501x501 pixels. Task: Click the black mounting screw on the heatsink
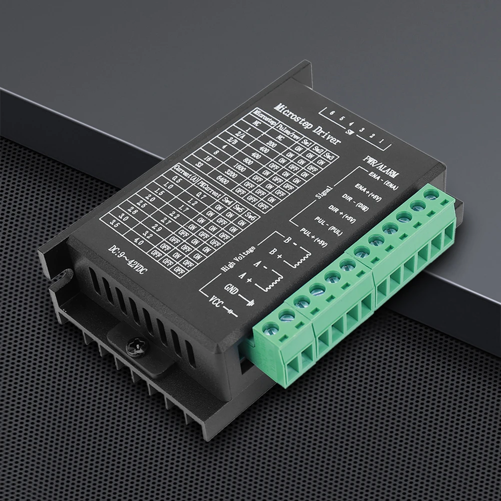(x=134, y=345)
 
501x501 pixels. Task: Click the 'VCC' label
(x=216, y=304)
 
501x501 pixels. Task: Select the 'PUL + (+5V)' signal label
(x=313, y=236)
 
